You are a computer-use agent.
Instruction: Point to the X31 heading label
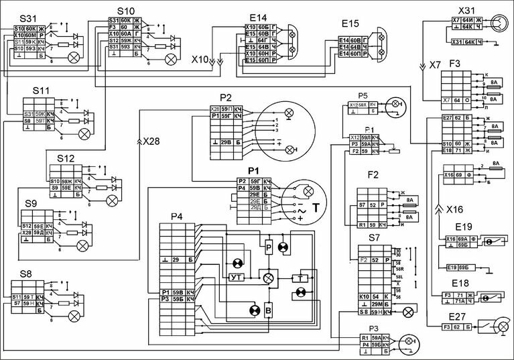466,11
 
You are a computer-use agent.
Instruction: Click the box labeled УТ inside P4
236,277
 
